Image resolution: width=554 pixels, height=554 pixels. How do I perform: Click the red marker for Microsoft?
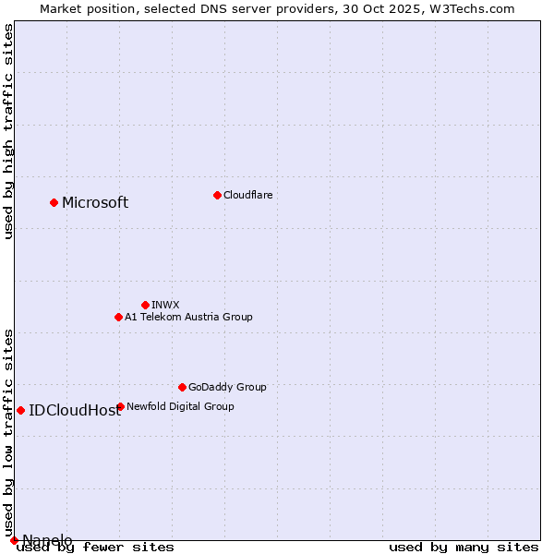click(x=54, y=202)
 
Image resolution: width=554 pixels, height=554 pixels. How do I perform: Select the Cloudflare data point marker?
click(x=217, y=195)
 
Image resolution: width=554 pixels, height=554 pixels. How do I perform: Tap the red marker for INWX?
click(x=145, y=305)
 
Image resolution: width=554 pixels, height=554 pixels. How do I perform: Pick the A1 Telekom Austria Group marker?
click(x=118, y=317)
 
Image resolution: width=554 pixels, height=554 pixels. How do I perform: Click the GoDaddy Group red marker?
click(x=182, y=387)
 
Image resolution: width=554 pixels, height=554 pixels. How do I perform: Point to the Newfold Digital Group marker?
click(x=120, y=406)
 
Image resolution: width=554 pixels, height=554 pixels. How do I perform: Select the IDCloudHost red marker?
click(x=20, y=410)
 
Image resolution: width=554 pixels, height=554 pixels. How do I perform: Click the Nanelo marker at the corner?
click(x=14, y=540)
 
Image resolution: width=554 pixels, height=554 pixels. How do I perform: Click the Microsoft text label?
click(x=95, y=203)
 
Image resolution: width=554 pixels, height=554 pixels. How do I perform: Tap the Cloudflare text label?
click(x=247, y=195)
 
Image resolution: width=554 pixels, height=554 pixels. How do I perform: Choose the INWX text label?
click(x=165, y=305)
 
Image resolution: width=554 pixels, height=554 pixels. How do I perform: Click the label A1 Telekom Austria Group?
click(x=188, y=317)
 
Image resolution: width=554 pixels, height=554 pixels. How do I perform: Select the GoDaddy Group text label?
click(x=227, y=387)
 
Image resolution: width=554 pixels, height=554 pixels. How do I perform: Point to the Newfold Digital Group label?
click(x=180, y=406)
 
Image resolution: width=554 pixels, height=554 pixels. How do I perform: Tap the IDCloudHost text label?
click(x=75, y=411)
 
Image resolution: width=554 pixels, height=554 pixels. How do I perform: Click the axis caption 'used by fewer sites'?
click(x=95, y=548)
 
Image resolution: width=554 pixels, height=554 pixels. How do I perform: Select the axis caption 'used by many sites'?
click(x=464, y=548)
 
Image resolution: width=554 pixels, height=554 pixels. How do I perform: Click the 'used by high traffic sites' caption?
click(x=9, y=131)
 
